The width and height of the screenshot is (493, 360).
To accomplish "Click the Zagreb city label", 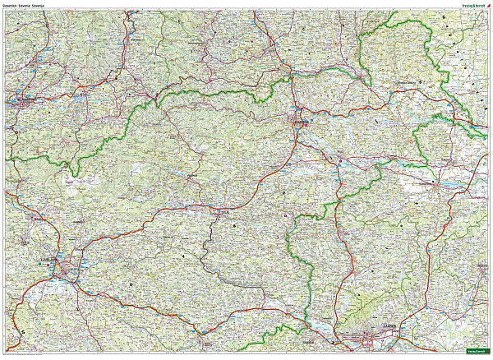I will (x=389, y=326).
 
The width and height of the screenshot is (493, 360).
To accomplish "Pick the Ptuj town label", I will (x=340, y=153).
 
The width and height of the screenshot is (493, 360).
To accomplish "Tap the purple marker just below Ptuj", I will (x=339, y=161).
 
